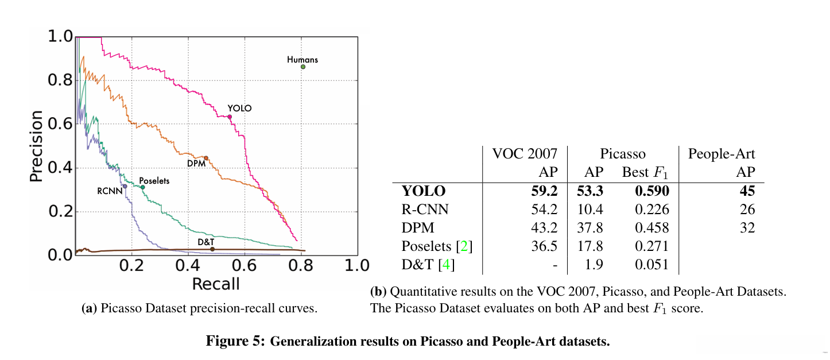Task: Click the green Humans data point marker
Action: (x=303, y=67)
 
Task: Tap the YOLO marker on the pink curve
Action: (x=230, y=117)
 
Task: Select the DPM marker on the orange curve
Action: (x=206, y=158)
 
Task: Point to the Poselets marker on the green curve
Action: (x=143, y=187)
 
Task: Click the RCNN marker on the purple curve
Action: (x=125, y=186)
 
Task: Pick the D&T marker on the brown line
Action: (x=212, y=249)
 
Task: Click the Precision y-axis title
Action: (x=37, y=146)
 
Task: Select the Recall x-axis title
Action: (x=215, y=283)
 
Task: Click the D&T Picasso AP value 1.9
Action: (x=594, y=265)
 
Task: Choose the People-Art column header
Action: (x=722, y=153)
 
